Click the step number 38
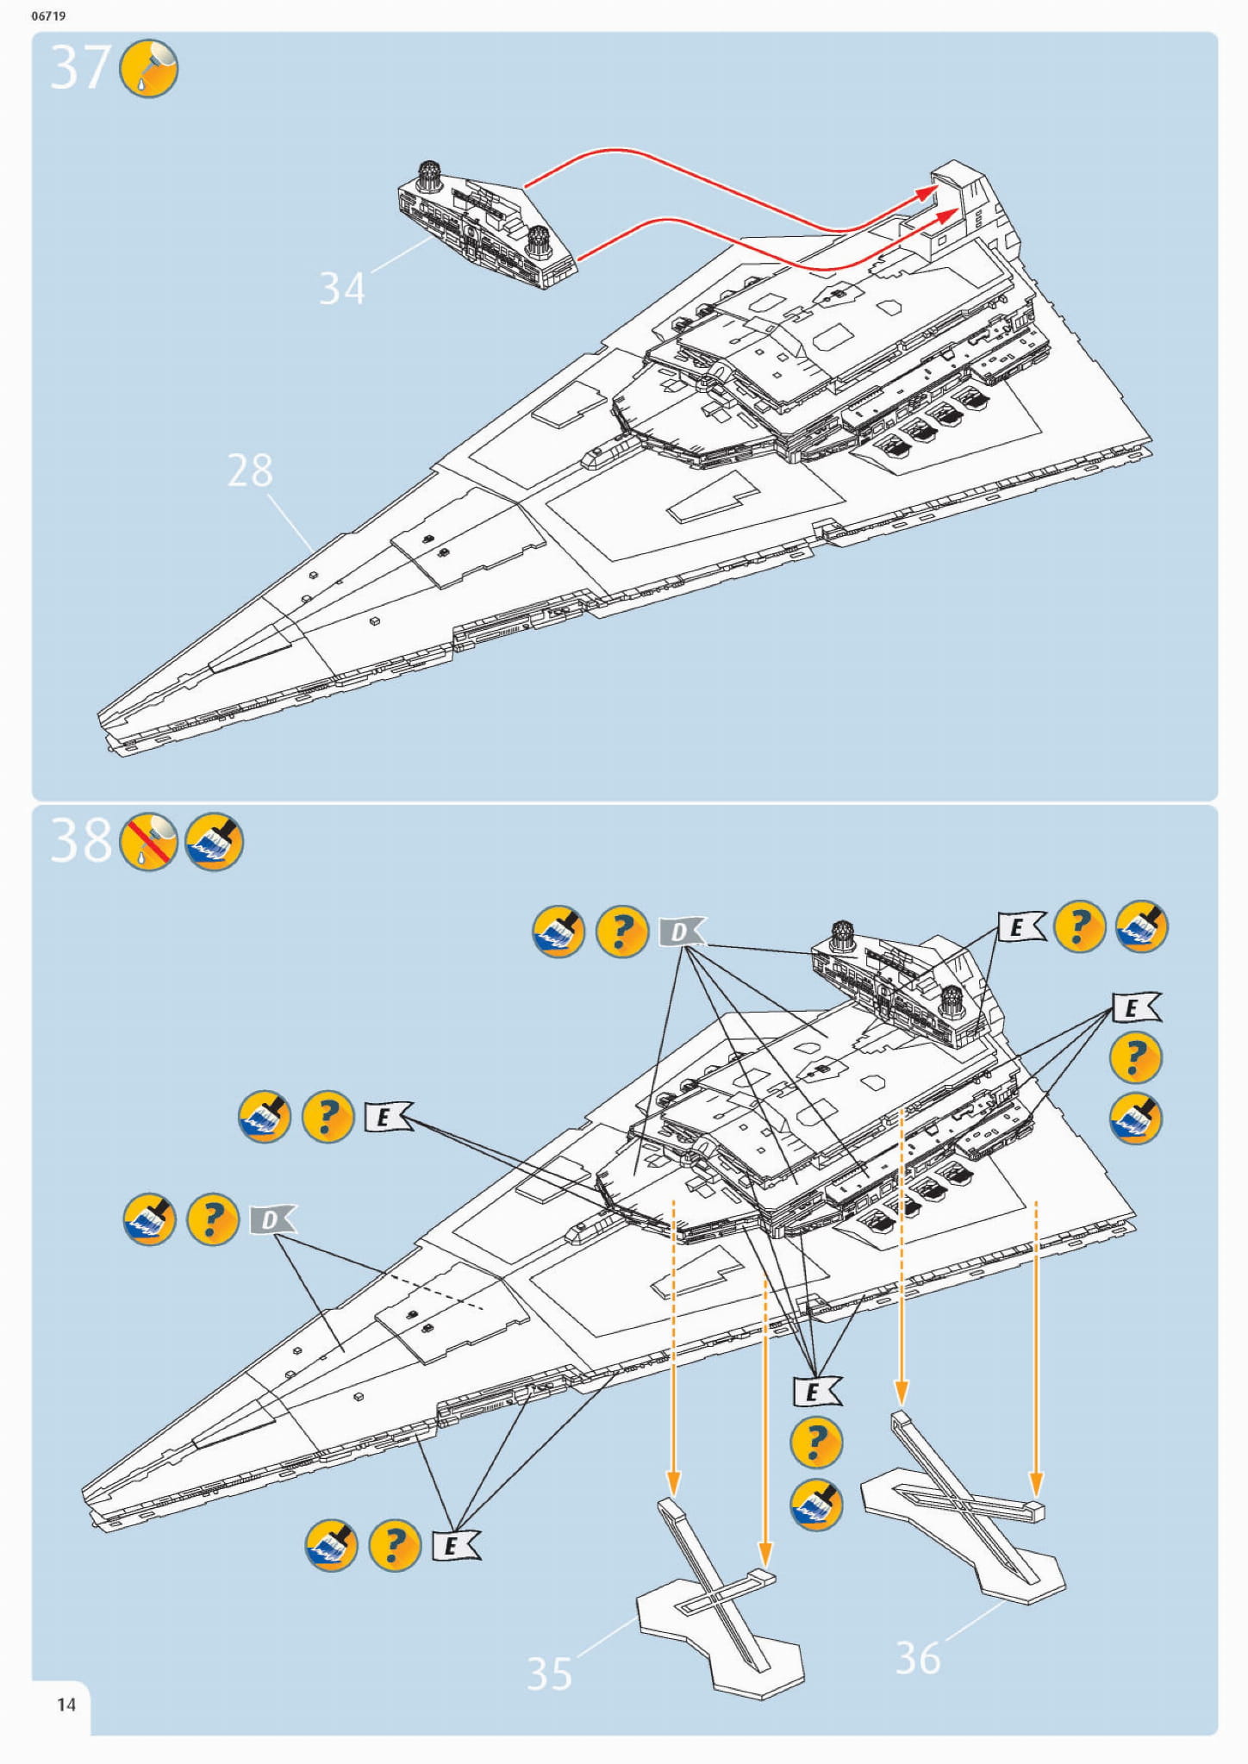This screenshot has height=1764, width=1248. pos(80,840)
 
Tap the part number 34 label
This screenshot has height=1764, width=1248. pos(342,289)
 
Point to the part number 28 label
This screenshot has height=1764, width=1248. pos(250,471)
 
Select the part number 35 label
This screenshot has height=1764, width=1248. pos(549,1674)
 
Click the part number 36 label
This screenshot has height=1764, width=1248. pos(918,1657)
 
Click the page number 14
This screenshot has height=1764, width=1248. pos(66,1705)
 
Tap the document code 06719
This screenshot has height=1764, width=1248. pos(48,16)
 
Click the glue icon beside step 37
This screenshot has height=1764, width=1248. pos(149,67)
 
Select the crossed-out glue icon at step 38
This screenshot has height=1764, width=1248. pos(149,841)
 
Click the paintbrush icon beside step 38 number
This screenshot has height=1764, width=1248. pos(215,841)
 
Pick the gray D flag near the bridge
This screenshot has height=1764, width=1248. pos(682,932)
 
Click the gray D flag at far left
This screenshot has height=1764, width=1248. pos(271,1219)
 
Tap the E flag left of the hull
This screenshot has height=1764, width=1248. pos(387,1117)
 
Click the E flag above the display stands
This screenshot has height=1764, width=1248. pos(815,1391)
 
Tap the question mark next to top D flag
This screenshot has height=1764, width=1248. pos(622,932)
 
